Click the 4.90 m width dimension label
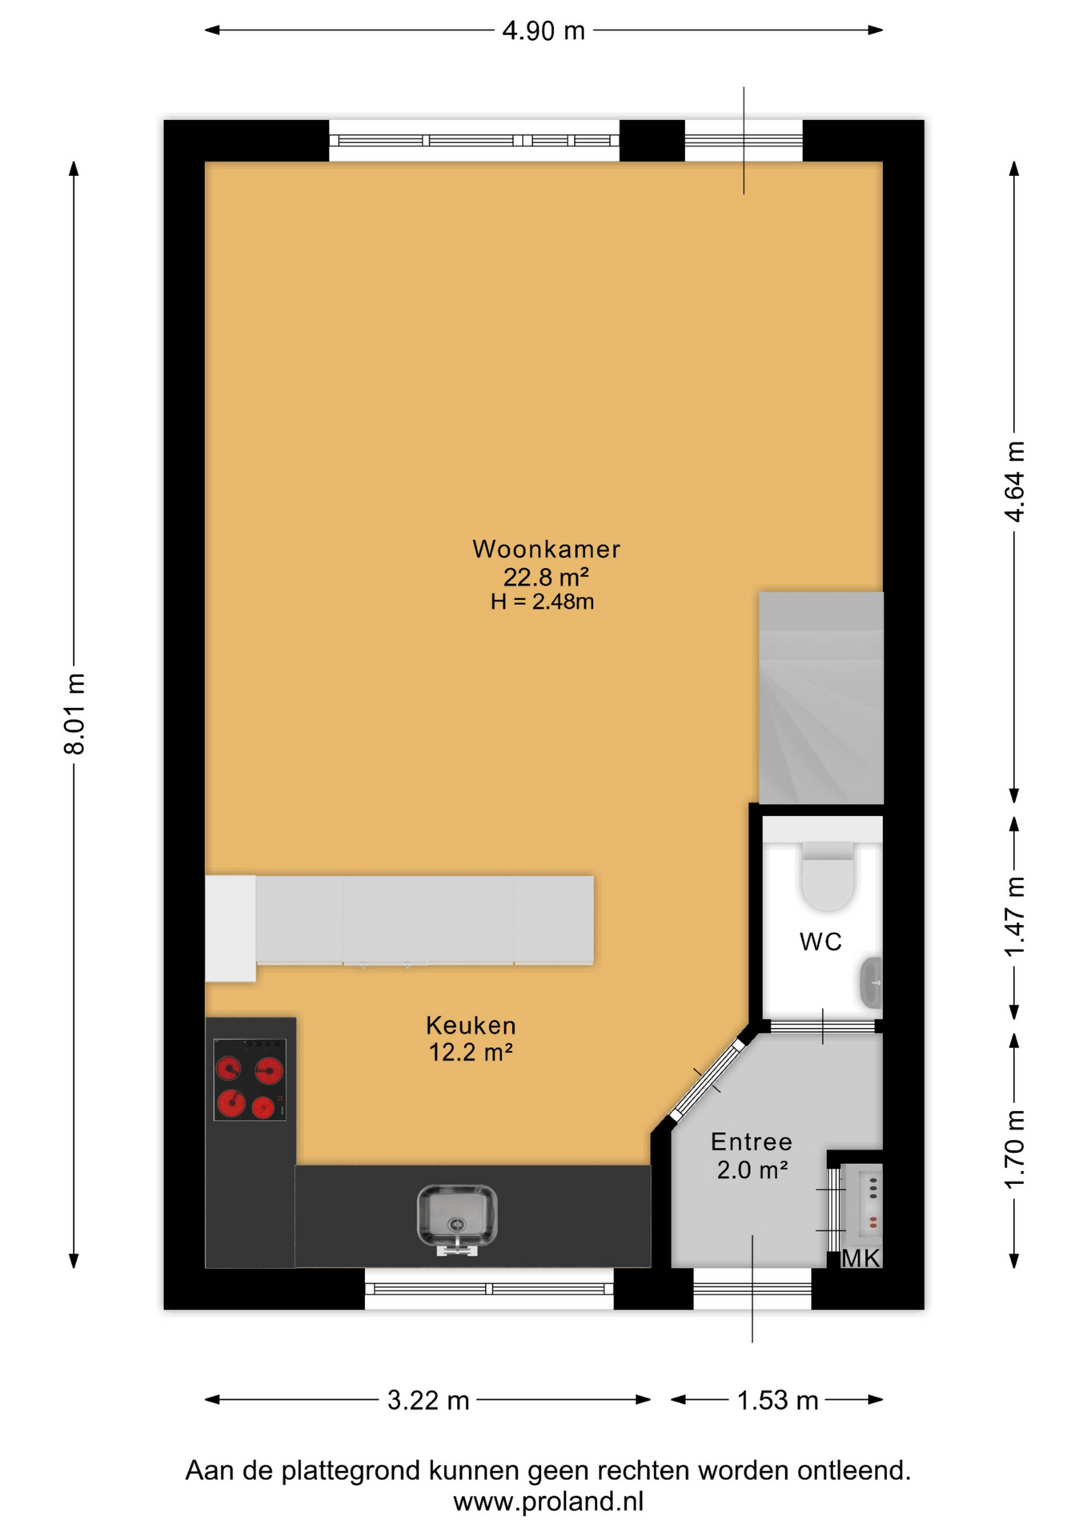tap(543, 31)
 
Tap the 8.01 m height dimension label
tap(74, 714)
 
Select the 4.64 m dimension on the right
tap(1014, 482)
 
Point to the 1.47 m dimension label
tap(1014, 917)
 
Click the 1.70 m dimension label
tap(1014, 1150)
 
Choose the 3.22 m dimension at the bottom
tap(428, 1400)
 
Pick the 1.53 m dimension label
tap(777, 1400)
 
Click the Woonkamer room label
tap(546, 549)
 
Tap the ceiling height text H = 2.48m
tap(543, 602)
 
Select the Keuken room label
tap(471, 1025)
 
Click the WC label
tap(820, 942)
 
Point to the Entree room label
tap(752, 1142)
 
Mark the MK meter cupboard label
tap(860, 1258)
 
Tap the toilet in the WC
tap(828, 875)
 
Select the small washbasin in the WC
tap(871, 982)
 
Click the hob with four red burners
tap(250, 1079)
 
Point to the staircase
tap(821, 698)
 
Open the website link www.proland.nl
tap(548, 1502)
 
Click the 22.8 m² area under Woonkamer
tap(546, 576)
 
